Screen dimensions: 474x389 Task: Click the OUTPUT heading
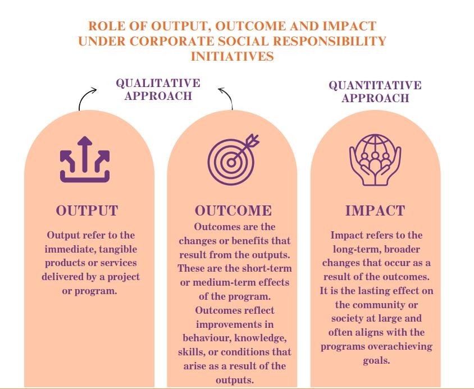tap(86, 210)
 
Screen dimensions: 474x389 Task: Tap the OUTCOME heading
tap(233, 210)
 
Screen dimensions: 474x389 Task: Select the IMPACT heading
tap(375, 210)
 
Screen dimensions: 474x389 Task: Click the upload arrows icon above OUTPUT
tap(85, 159)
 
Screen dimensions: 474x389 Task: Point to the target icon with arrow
tap(233, 159)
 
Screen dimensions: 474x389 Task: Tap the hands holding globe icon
tap(375, 159)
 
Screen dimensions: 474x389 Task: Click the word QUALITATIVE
tap(158, 83)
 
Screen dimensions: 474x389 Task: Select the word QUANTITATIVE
tap(375, 85)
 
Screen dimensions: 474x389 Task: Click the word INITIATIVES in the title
tap(232, 56)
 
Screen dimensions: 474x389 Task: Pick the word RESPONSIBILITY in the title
tap(329, 41)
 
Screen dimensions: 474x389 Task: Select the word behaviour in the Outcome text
tap(207, 338)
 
